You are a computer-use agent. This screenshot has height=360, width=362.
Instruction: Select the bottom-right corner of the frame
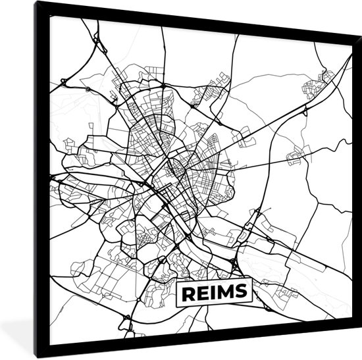pos(358,328)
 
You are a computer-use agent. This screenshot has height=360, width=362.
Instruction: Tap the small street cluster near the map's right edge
pos(296,155)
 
